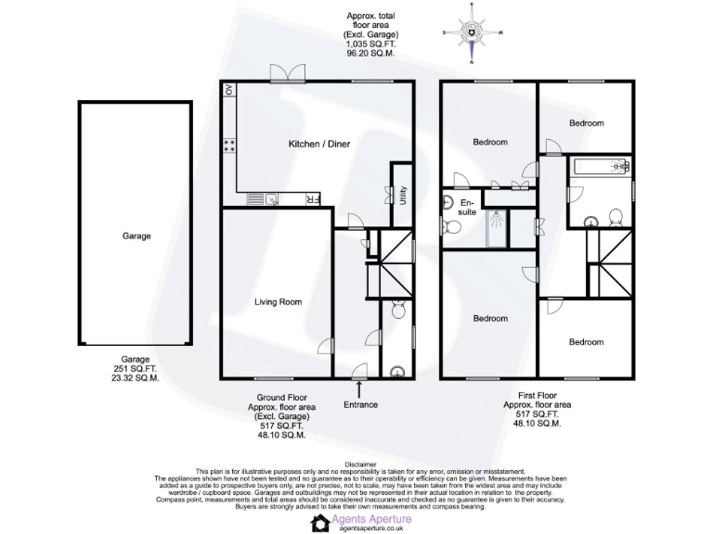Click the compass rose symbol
(472, 34)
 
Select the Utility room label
(403, 195)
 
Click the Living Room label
(279, 301)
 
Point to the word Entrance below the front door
(360, 404)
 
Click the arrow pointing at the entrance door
(360, 388)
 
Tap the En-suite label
(467, 208)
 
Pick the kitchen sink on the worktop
(270, 198)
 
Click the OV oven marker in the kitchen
(228, 91)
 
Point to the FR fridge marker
(313, 198)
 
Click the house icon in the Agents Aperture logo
(320, 524)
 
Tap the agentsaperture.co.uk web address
(370, 528)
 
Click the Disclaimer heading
(360, 464)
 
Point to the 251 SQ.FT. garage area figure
(136, 369)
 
